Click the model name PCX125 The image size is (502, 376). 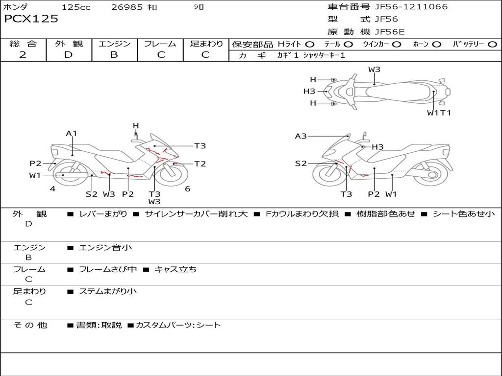point(31,19)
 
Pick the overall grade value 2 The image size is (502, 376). point(23,55)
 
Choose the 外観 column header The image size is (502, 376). point(69,44)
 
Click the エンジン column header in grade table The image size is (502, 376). point(114,44)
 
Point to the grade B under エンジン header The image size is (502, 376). point(114,55)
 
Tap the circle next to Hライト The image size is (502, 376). point(310,45)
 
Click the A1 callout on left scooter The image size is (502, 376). point(72,133)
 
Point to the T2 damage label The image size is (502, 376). point(200,164)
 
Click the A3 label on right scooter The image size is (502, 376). point(301,136)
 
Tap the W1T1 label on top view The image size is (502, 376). point(438,113)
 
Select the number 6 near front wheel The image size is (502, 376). point(187,188)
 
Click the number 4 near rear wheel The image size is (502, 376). point(52,188)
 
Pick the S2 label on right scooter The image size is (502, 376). point(301,164)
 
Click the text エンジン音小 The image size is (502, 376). point(105,248)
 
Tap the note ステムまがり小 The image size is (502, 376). point(108,291)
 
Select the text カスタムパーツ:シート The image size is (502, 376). point(178,325)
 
